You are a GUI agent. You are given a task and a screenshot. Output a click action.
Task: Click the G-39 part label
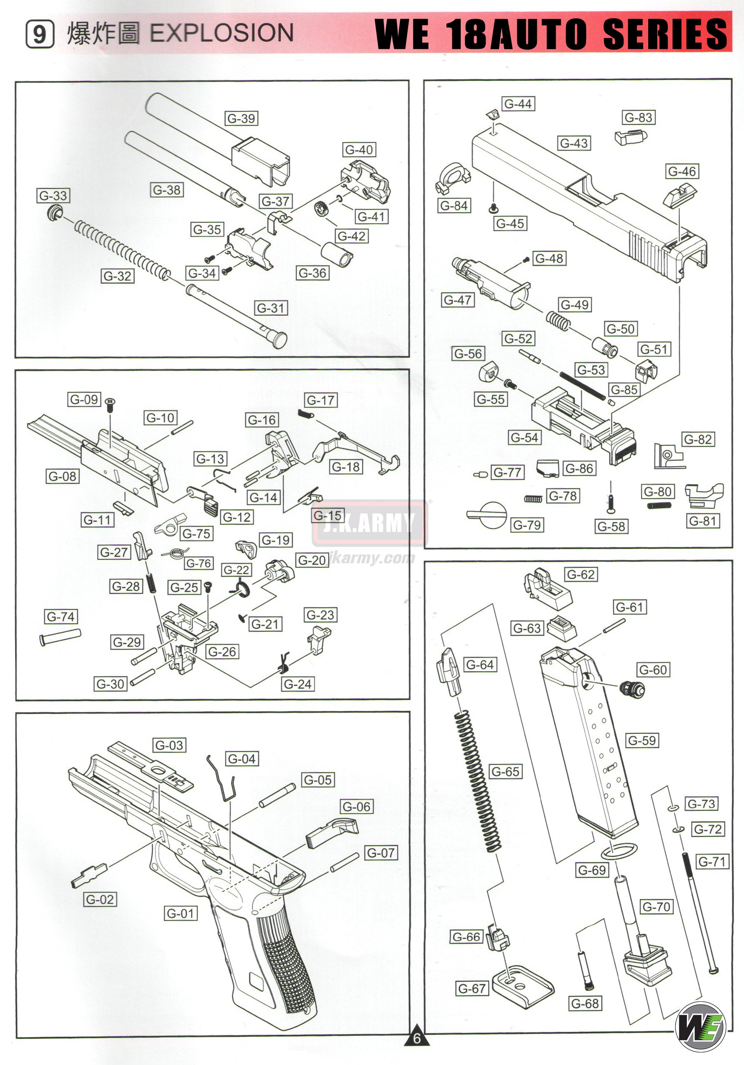241,118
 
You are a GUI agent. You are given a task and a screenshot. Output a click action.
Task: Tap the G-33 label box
53,195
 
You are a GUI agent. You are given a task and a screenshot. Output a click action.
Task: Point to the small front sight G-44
493,114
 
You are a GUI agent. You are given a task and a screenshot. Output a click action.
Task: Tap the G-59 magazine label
642,740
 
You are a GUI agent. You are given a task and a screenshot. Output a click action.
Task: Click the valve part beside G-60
632,689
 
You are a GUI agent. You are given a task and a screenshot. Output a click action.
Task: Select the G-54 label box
524,437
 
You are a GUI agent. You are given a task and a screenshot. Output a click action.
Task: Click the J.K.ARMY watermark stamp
369,523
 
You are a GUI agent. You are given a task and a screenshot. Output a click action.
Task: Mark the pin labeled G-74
60,636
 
